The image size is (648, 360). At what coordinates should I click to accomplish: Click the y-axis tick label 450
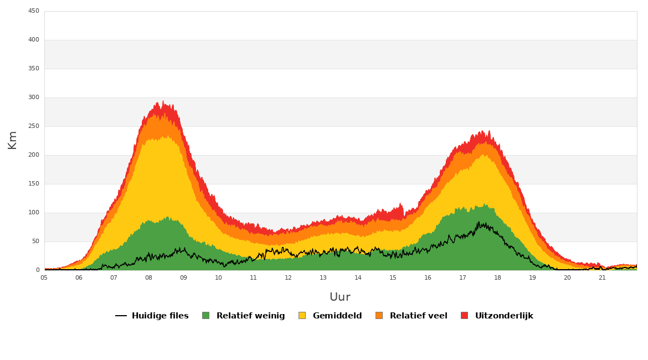33,11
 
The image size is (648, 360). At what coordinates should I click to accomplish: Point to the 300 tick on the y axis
33,97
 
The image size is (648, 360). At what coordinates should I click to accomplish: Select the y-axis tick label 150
33,184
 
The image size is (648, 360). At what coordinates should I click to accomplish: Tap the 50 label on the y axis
35,241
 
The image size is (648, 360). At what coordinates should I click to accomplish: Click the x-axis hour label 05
44,277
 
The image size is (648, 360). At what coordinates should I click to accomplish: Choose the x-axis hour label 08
149,277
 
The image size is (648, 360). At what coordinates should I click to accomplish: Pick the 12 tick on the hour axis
288,277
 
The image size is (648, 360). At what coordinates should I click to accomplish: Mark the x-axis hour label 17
462,277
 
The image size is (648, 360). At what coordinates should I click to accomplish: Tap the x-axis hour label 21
602,277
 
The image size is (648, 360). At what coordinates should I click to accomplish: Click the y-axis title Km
12,140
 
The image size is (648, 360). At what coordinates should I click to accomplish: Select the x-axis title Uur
340,297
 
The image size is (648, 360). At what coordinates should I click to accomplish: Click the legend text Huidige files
160,316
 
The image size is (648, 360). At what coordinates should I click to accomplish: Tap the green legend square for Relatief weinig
205,315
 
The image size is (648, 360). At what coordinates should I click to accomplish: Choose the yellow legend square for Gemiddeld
302,315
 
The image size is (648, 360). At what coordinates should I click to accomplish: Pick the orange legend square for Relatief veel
379,315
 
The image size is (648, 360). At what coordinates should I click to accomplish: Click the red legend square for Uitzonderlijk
465,315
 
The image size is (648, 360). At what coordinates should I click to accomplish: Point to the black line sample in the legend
121,316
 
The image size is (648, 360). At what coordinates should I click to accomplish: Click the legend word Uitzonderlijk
504,316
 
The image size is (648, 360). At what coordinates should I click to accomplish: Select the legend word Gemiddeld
337,316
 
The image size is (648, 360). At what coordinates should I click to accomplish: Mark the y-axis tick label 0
38,270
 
